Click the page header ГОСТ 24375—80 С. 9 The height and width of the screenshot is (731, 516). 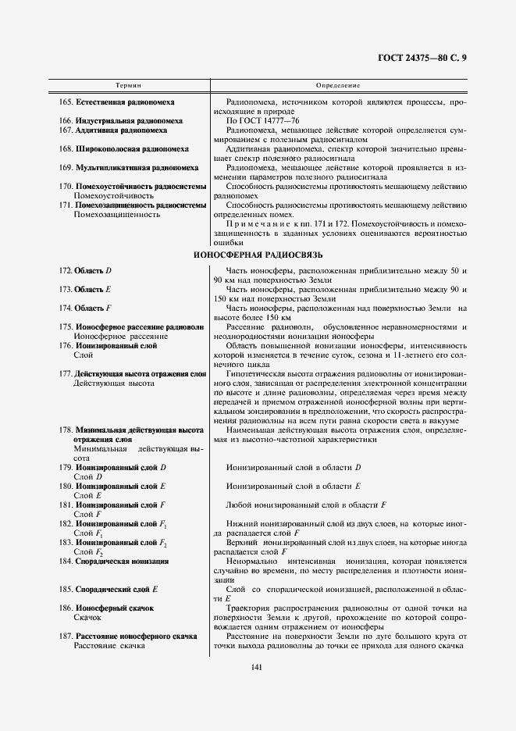point(443,57)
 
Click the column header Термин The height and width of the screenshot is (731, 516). point(129,84)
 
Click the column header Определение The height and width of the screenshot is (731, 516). point(338,84)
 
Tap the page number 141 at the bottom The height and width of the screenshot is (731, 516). point(257,666)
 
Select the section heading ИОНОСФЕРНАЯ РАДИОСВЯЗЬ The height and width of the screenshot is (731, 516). point(258,255)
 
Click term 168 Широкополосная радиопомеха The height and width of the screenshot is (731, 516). point(123,148)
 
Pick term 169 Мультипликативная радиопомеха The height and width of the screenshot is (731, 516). point(129,167)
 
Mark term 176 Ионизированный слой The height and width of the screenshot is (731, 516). point(109,345)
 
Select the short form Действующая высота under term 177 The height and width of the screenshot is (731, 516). point(114,383)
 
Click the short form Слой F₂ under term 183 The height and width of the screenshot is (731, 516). point(89,551)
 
